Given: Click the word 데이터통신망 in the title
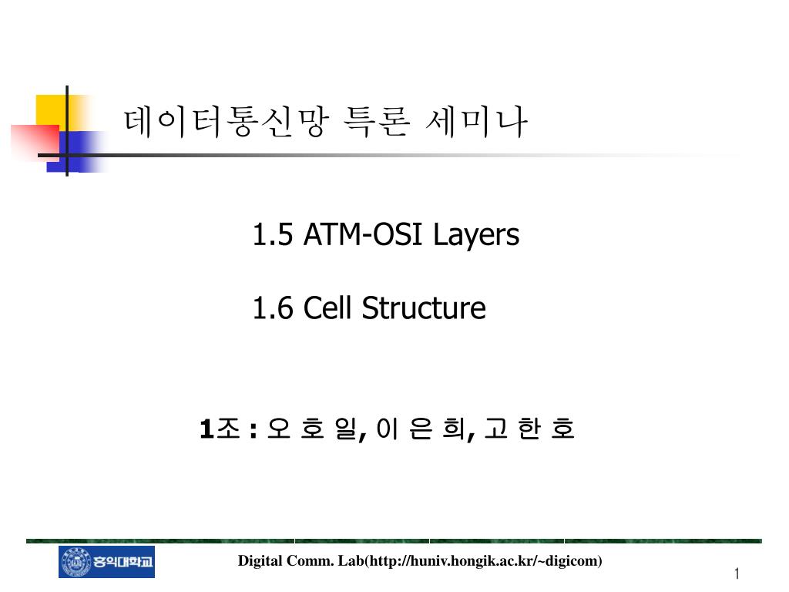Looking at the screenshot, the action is [227, 121].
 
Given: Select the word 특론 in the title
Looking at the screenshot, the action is [376, 121].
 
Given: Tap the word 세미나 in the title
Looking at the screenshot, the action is [476, 121].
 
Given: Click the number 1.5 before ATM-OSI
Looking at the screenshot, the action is [272, 234].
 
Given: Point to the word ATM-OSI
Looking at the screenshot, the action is [362, 234].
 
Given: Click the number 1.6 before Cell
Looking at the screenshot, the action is [272, 308].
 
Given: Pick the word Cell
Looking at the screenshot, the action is [327, 308].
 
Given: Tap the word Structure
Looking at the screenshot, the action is [424, 308].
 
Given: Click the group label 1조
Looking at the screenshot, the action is [220, 429].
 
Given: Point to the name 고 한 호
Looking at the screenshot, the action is [529, 429].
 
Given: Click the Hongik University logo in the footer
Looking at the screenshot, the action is [106, 561].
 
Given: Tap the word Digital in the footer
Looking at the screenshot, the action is [260, 561].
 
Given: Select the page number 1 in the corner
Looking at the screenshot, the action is [737, 573].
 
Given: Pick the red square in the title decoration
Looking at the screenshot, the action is [35, 143].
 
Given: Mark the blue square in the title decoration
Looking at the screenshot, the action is [76, 152].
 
